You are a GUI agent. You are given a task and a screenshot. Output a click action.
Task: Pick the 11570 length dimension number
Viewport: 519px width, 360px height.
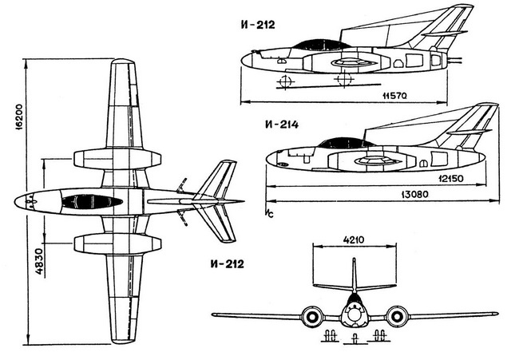click(397, 96)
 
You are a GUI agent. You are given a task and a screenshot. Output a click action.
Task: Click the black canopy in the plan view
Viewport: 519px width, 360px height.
click(92, 201)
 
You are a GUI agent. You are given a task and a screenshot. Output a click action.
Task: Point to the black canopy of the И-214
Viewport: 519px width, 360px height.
click(347, 144)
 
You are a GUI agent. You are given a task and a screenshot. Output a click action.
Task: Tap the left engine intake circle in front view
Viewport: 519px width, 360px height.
click(311, 317)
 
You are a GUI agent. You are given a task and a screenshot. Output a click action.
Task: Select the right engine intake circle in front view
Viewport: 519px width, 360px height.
click(396, 317)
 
